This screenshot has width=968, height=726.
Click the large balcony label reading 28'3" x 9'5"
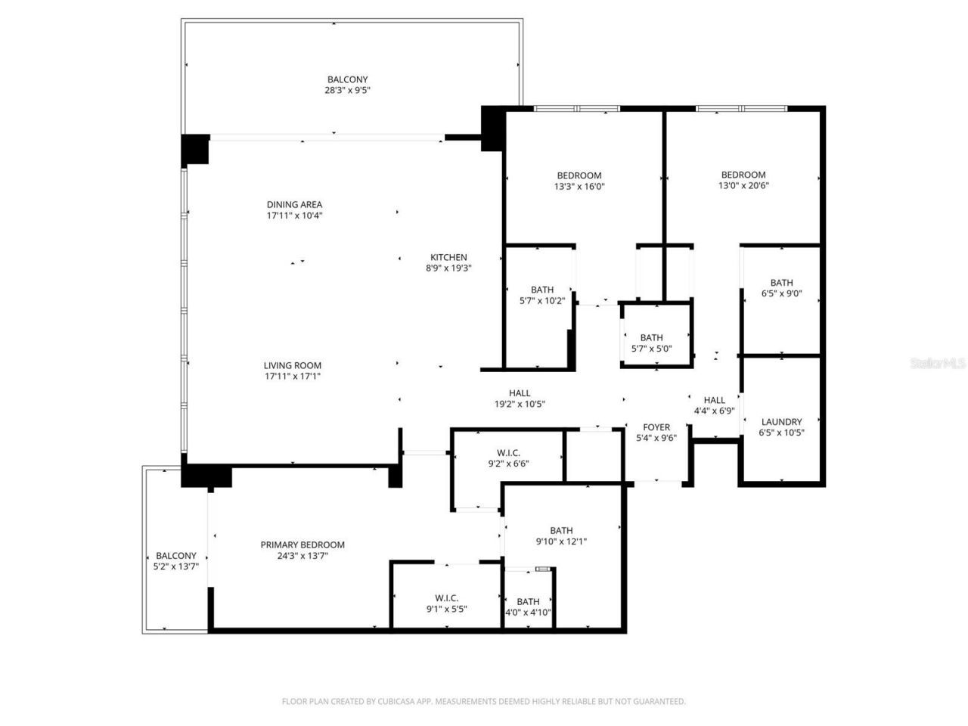(347, 90)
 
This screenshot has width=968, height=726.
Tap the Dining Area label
(294, 204)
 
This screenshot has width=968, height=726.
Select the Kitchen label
(448, 257)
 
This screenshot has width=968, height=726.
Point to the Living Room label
(293, 365)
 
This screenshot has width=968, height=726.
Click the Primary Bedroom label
(302, 544)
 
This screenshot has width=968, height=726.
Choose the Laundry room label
(781, 422)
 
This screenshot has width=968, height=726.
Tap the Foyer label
(656, 427)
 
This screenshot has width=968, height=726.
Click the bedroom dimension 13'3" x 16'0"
(579, 186)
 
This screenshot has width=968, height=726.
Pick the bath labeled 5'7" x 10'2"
(542, 300)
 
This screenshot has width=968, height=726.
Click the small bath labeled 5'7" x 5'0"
(651, 349)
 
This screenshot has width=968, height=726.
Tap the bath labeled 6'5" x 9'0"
(781, 294)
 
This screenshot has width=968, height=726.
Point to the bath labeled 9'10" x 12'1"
(561, 541)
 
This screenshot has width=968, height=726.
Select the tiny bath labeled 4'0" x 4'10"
(528, 613)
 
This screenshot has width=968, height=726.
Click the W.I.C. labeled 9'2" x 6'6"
(508, 464)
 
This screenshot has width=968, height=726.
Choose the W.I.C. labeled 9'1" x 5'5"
(446, 608)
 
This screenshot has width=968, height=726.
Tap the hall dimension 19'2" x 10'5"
(520, 404)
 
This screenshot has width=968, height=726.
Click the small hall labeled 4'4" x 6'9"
(714, 411)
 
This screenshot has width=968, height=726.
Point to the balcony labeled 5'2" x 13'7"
(175, 566)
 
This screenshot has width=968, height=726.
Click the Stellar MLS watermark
(938, 364)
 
